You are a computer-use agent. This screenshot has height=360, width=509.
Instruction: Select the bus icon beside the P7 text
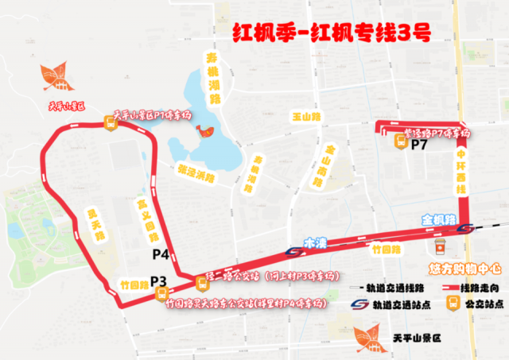pos(404,142)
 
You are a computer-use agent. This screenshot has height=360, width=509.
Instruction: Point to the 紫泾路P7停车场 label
pos(438,132)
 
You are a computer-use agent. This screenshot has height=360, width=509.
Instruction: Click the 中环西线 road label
pos(460,174)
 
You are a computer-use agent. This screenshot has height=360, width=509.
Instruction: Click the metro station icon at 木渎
pos(293,252)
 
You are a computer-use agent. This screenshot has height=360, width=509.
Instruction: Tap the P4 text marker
pos(160,254)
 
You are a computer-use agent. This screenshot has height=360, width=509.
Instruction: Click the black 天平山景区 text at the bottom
pos(422,338)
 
